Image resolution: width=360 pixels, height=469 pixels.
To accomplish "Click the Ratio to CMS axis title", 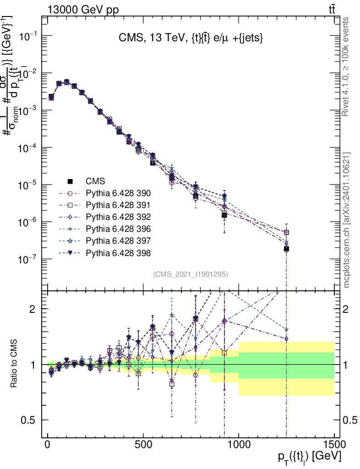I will (x=14, y=365).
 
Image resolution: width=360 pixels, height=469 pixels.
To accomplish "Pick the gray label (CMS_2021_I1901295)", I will (x=191, y=274).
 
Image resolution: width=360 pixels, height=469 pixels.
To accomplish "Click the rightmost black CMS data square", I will (x=286, y=249).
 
